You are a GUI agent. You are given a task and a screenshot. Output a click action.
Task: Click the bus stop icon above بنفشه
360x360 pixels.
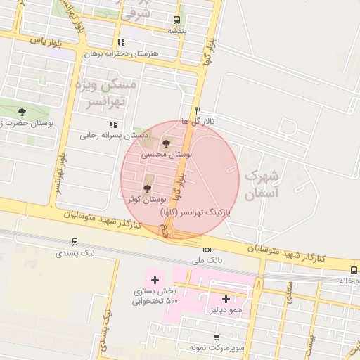point(176,20)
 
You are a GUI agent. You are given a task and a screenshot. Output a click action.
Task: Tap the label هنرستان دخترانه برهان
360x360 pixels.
point(122,53)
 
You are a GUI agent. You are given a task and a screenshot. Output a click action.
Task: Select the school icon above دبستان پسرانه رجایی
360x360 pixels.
point(113,124)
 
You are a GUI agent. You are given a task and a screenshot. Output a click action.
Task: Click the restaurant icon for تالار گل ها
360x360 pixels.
point(198,110)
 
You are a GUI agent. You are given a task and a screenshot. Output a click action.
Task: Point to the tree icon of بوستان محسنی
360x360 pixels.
point(166,143)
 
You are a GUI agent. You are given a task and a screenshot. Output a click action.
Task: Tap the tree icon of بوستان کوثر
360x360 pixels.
point(147,188)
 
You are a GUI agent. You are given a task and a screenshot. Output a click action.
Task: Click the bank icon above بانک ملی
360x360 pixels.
point(207,250)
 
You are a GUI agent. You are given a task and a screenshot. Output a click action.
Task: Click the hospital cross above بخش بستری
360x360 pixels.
point(155,281)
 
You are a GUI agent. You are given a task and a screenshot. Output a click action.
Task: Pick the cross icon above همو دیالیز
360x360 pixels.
point(226,299)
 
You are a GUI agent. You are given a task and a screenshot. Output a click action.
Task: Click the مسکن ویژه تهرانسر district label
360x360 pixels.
point(110,94)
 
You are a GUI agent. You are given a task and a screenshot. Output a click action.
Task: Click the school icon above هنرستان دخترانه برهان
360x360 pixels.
point(121,42)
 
